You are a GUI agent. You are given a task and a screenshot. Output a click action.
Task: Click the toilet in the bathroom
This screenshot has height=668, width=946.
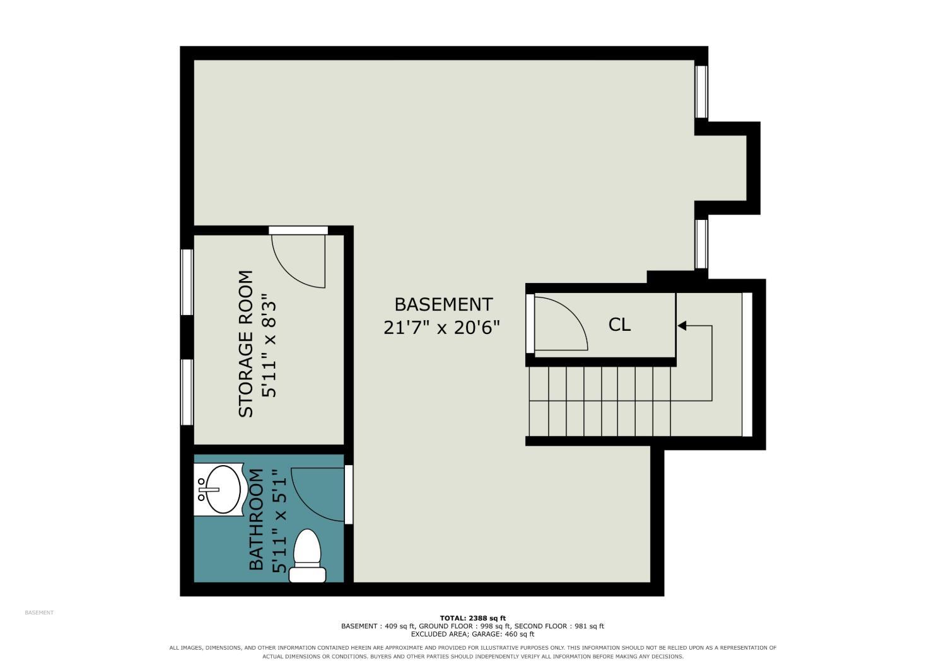[307, 556]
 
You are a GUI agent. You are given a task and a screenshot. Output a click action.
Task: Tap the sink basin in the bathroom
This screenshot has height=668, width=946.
[223, 490]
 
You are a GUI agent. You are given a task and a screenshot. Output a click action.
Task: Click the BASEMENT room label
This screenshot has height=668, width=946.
[443, 304]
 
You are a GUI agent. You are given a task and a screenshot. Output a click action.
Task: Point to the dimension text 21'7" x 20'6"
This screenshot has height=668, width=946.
[441, 328]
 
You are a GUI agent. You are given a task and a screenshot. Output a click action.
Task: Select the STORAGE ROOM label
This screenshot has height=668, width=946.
[246, 343]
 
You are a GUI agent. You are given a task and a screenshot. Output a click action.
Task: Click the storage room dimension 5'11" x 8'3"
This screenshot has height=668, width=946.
[269, 345]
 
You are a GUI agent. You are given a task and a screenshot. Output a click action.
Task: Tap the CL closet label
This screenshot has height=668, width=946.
[619, 325]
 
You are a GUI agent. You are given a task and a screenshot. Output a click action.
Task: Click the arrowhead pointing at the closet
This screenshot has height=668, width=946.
[682, 325]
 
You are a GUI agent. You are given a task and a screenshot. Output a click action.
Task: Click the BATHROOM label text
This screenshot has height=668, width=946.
[256, 519]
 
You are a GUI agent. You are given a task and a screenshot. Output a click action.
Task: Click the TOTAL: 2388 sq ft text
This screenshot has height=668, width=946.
[472, 618]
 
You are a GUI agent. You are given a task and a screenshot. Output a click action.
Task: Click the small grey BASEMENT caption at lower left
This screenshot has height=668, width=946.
[39, 613]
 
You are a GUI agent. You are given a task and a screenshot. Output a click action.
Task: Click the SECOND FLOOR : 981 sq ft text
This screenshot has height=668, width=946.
[559, 626]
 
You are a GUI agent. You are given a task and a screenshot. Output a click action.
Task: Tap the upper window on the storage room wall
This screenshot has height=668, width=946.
[187, 282]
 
